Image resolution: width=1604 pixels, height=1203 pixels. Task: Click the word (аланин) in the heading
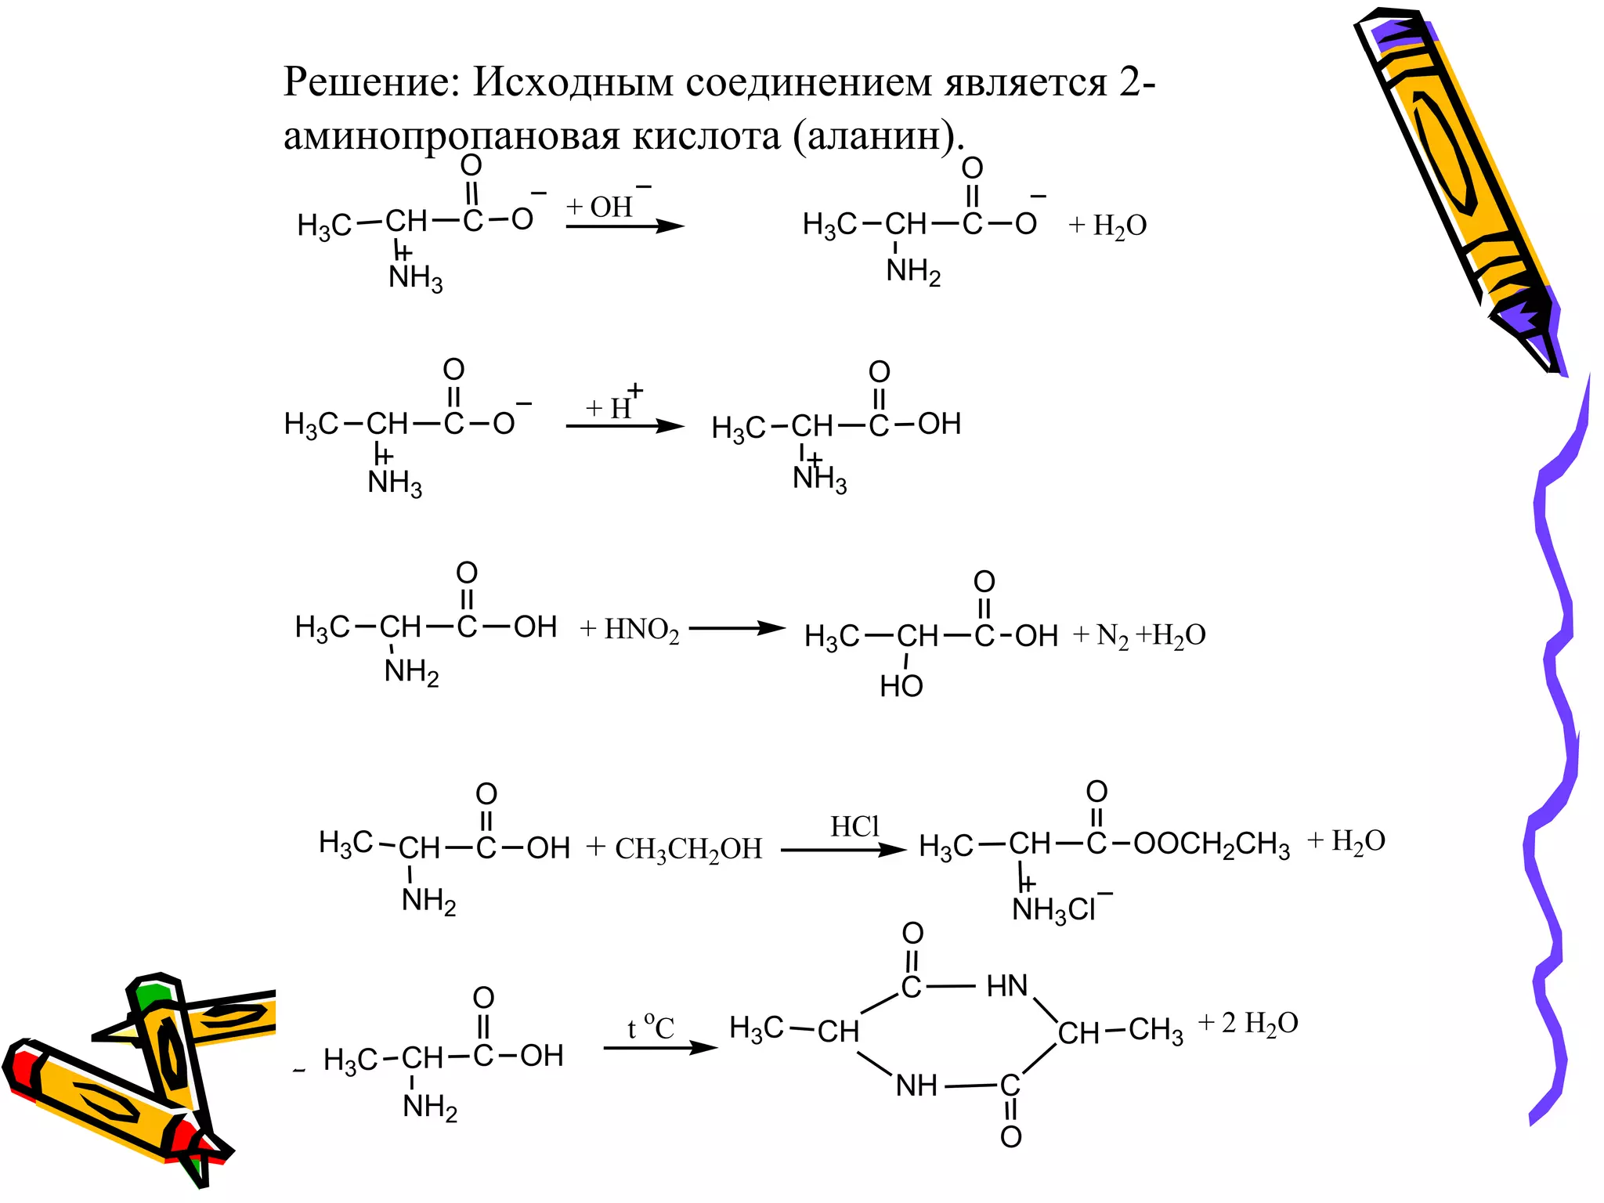[875, 136]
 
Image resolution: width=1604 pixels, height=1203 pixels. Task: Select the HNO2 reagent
[641, 630]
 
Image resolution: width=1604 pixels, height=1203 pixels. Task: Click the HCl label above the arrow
[854, 826]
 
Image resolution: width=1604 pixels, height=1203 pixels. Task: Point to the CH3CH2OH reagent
[688, 849]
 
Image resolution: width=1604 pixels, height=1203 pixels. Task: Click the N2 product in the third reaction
[1112, 636]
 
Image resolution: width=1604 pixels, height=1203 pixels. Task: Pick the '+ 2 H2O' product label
[1248, 1024]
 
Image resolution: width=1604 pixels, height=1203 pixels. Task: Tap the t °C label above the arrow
[650, 1027]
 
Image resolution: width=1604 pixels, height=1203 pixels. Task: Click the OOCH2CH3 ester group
[1211, 845]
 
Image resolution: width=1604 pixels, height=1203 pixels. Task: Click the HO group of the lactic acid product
[901, 687]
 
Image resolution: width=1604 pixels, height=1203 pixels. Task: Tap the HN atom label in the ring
[1006, 986]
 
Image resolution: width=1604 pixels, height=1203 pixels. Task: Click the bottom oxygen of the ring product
[1010, 1136]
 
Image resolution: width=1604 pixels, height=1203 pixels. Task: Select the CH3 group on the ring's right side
[1155, 1031]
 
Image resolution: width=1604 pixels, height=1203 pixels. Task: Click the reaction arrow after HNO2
[736, 628]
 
